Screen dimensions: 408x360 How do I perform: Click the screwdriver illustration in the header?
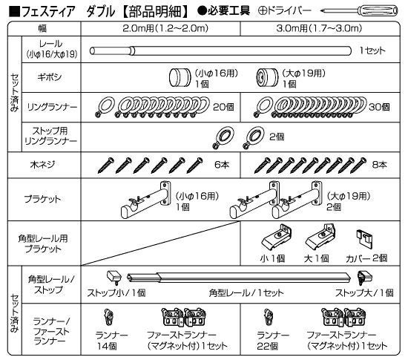click(x=359, y=10)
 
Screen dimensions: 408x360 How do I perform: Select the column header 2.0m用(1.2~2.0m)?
click(x=165, y=28)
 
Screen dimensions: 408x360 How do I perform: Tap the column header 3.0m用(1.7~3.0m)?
click(x=319, y=28)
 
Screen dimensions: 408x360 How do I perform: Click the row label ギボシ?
click(x=50, y=77)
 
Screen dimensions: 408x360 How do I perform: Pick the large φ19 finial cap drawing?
click(x=267, y=77)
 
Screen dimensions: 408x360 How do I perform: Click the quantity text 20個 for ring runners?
click(x=223, y=107)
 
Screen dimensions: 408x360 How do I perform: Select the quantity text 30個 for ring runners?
click(x=379, y=107)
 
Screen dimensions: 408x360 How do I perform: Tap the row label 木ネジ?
click(x=42, y=165)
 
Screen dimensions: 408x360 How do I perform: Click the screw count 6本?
click(x=222, y=165)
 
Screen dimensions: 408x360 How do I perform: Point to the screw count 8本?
click(x=379, y=165)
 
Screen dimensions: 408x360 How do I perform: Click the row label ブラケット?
click(x=42, y=199)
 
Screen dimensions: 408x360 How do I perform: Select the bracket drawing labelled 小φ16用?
click(x=145, y=200)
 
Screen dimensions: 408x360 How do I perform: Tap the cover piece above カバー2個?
click(x=364, y=238)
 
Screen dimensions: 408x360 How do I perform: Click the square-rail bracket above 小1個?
click(x=277, y=237)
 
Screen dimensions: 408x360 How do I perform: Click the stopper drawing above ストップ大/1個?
click(x=364, y=278)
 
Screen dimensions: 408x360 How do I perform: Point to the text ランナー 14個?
click(x=111, y=341)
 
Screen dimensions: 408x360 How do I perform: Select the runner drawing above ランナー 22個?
click(x=269, y=317)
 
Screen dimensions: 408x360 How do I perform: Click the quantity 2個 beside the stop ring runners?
click(x=277, y=137)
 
